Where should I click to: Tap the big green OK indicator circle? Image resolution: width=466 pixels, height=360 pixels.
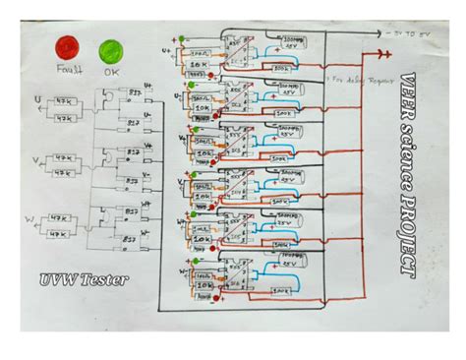tap(109, 49)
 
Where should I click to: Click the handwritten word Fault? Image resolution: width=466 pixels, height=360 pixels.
tap(68, 71)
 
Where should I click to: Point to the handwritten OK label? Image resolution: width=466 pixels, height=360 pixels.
tap(110, 72)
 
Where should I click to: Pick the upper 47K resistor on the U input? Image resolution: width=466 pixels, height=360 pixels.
tap(64, 101)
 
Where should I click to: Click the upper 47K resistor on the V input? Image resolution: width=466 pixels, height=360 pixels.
tap(64, 157)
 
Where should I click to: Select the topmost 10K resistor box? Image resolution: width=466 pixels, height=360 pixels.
tap(199, 64)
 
